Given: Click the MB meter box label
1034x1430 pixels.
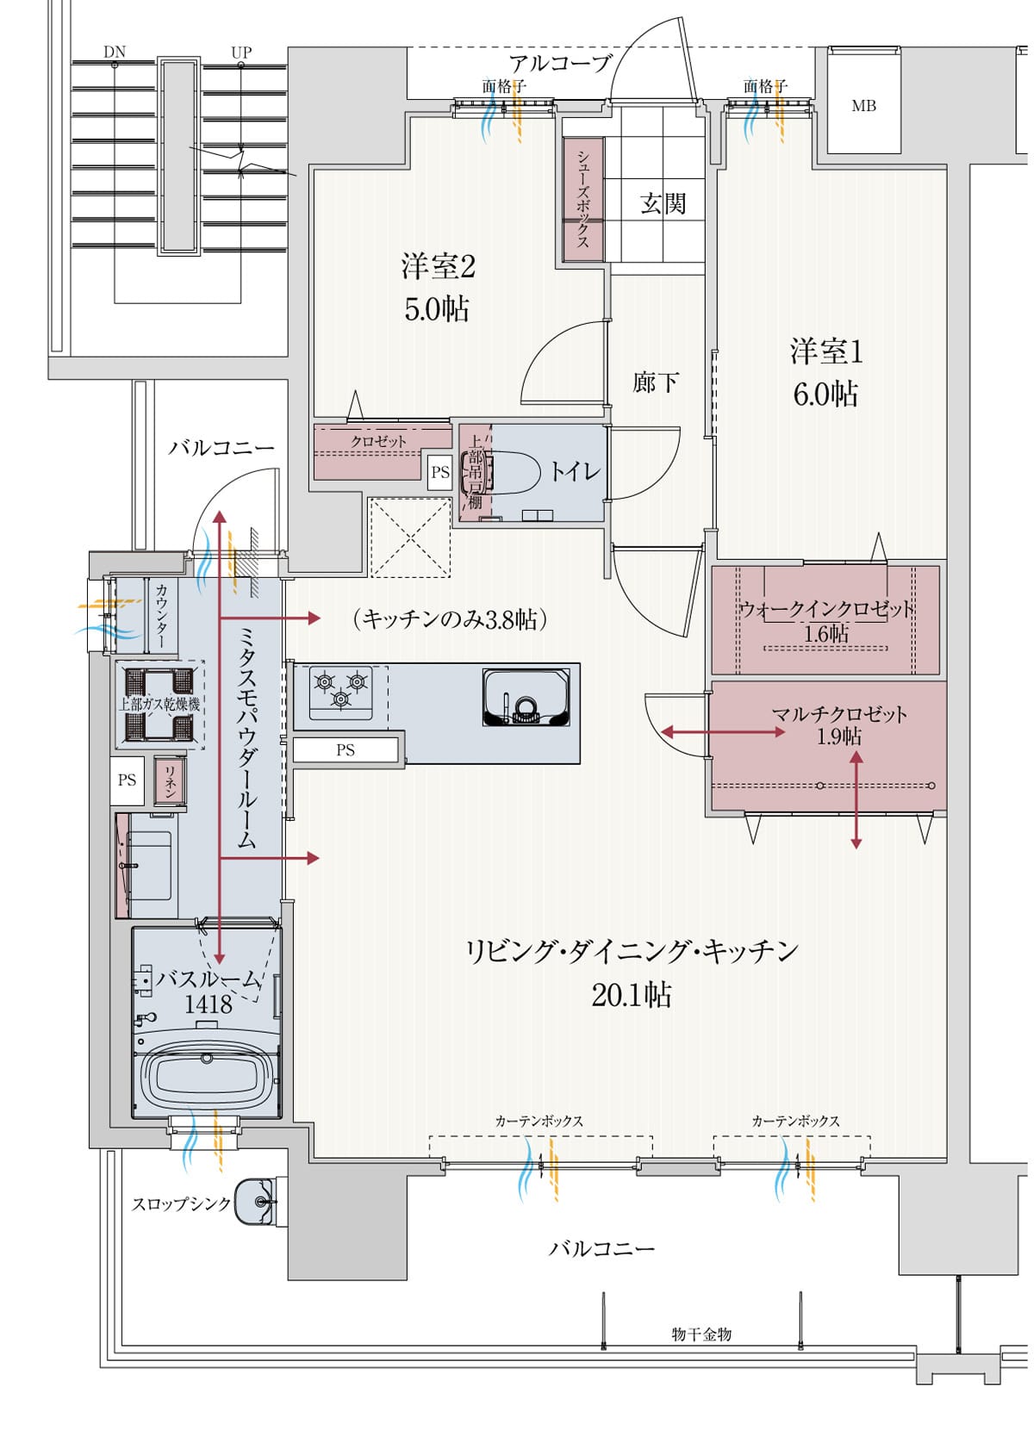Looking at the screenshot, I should (x=863, y=106).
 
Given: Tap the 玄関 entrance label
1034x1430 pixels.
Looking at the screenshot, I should (x=663, y=203).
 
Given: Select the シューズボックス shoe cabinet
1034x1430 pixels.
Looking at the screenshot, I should (x=583, y=198).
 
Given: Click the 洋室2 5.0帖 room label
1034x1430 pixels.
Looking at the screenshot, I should (x=438, y=287).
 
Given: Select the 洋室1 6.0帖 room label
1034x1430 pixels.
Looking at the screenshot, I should (x=825, y=372).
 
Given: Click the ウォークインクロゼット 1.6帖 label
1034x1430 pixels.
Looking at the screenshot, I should (x=826, y=621).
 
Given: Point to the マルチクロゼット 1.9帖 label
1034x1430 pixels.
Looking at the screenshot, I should (x=838, y=724).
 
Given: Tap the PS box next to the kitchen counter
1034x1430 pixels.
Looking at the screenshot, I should (x=346, y=749).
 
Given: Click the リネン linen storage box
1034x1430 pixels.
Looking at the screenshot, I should (x=170, y=780).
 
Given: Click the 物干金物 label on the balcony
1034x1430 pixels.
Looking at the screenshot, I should (x=701, y=1334).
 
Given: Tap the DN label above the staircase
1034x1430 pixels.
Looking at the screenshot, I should (x=115, y=53).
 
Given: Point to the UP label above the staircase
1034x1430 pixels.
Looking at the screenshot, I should (x=241, y=53).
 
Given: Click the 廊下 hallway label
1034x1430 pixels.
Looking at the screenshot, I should (x=655, y=382).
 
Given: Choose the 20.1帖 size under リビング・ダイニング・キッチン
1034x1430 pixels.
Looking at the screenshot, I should (x=631, y=995).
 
